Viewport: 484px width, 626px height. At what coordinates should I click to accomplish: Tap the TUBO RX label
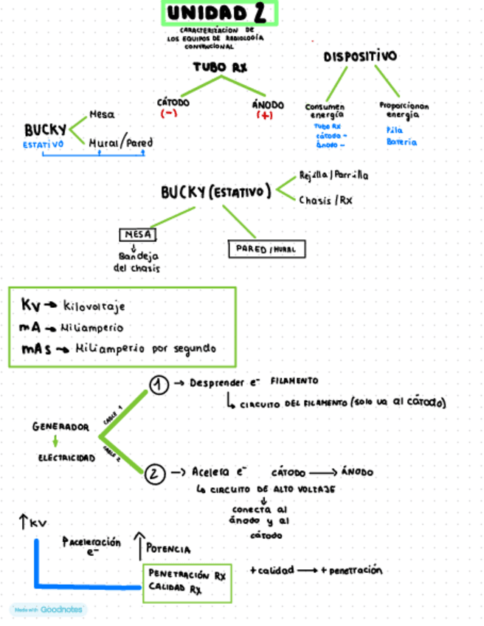[219, 67]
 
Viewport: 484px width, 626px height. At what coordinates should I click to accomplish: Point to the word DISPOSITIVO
[359, 57]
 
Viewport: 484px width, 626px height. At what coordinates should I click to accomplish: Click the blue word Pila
[395, 129]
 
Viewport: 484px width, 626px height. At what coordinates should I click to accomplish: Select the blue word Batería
[401, 141]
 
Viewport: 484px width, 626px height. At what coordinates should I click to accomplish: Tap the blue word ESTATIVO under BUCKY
[43, 145]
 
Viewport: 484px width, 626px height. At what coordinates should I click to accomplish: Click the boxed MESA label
[137, 234]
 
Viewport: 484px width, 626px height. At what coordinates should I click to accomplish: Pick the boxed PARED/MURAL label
[266, 250]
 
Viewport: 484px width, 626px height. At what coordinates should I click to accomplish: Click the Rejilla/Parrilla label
[333, 175]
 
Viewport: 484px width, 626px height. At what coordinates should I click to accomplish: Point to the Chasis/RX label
[325, 200]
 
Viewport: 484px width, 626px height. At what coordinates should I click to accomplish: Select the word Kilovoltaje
[94, 306]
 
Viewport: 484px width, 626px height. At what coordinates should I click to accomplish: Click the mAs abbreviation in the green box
[35, 348]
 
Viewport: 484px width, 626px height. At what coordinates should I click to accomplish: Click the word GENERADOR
[60, 427]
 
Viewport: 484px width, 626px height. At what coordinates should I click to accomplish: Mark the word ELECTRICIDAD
[66, 458]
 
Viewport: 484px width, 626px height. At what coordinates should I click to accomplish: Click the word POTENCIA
[168, 549]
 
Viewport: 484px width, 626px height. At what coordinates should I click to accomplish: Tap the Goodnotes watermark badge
[48, 610]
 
